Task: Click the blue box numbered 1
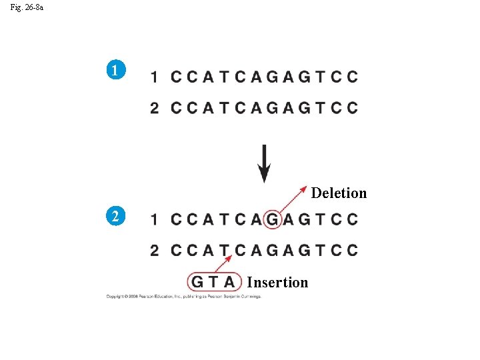116,70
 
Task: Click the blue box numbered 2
116,216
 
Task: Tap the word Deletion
339,193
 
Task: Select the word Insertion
277,283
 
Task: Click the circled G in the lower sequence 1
272,219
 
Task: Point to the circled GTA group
214,282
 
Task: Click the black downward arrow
264,163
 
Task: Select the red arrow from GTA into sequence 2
224,262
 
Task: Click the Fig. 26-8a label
27,8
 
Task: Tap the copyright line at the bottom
183,297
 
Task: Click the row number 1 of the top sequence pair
154,77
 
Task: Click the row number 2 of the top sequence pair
154,108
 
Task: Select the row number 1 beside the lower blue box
154,219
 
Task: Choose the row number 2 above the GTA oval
154,251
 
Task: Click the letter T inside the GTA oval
213,282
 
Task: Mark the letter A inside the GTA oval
229,282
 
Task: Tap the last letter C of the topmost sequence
352,77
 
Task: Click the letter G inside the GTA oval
198,282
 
